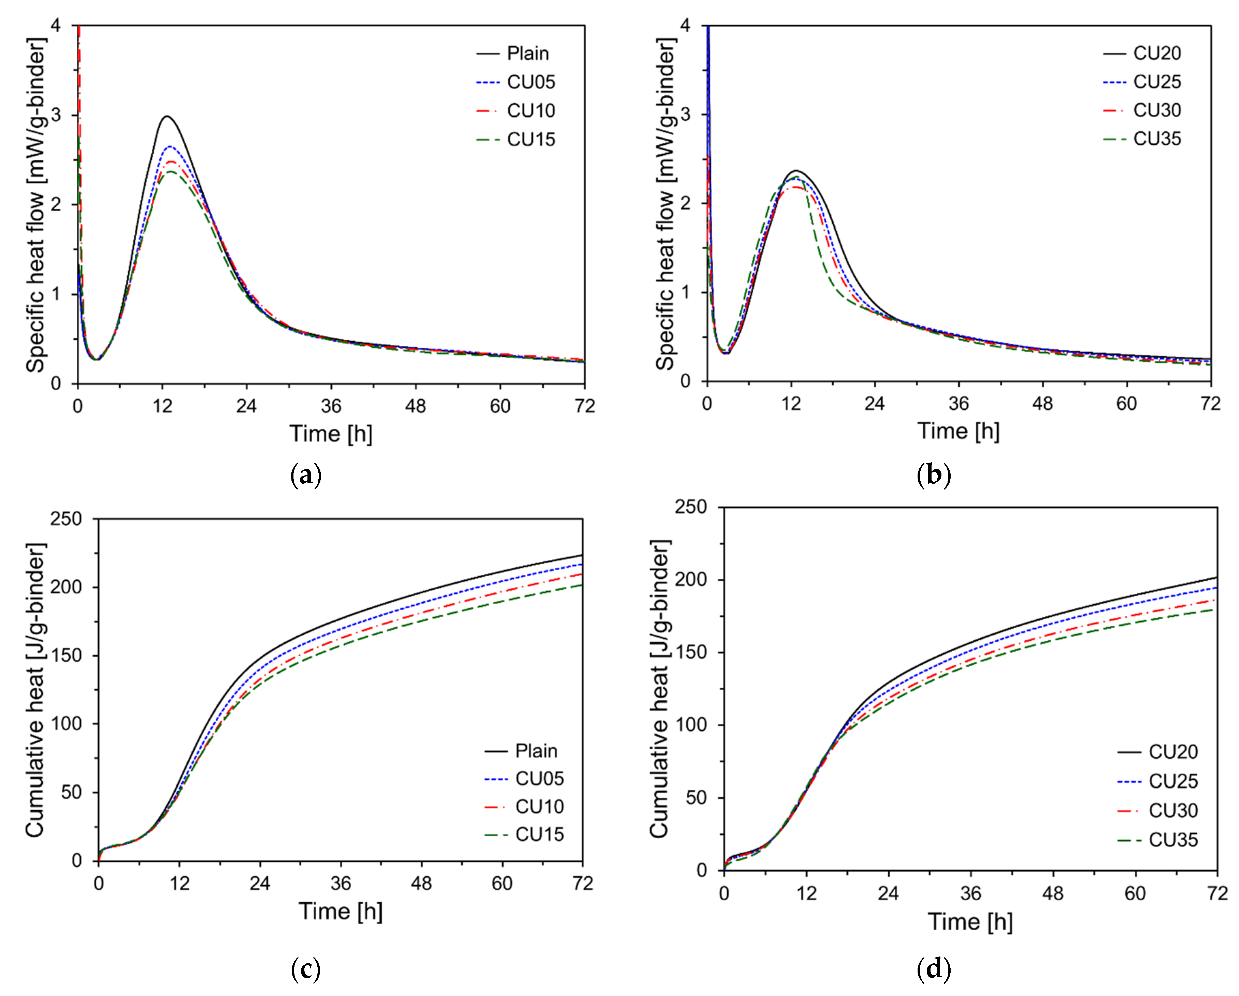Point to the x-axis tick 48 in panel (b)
click(x=1042, y=404)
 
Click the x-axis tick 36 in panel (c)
click(x=341, y=883)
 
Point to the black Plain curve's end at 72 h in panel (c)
click(x=582, y=556)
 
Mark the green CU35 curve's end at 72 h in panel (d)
click(x=1217, y=609)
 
